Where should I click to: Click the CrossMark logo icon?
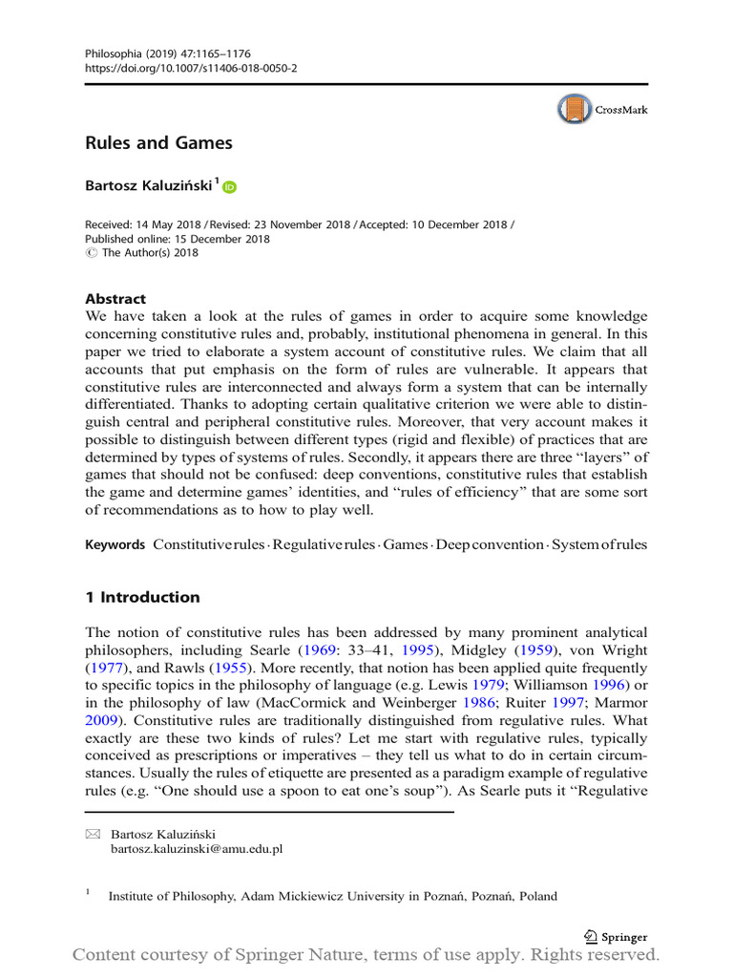(x=575, y=110)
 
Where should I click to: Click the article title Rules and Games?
(x=159, y=143)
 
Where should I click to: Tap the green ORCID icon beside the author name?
(x=229, y=187)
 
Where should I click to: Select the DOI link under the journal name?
(x=191, y=70)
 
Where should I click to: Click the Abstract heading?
(x=115, y=299)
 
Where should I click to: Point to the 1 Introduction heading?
(x=143, y=597)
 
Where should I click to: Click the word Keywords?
(x=115, y=544)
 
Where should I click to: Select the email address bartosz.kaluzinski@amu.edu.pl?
(x=197, y=847)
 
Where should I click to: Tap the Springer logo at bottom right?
(x=615, y=937)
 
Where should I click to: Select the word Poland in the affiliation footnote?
(x=537, y=896)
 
